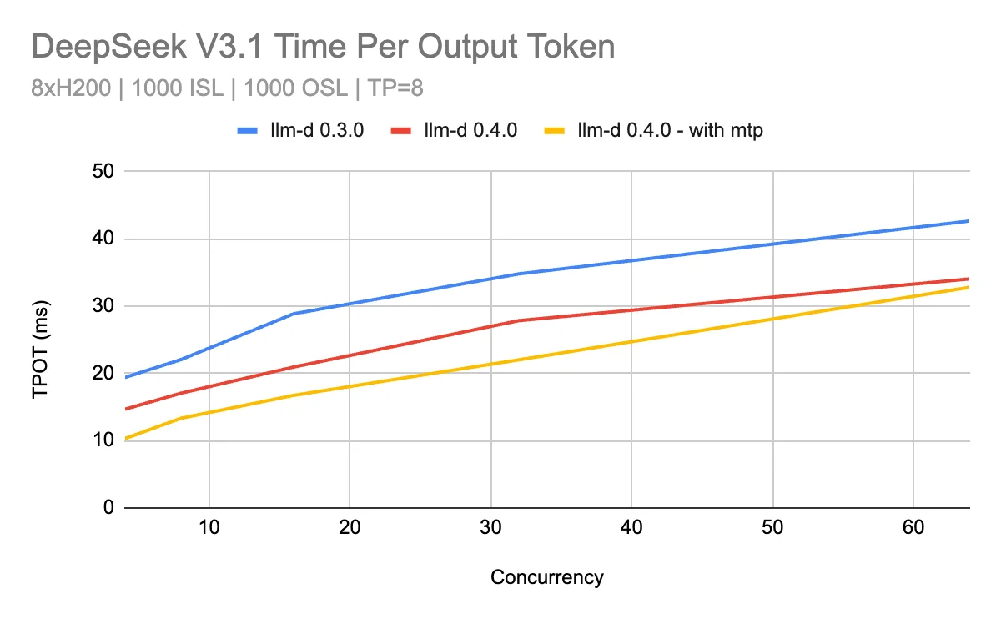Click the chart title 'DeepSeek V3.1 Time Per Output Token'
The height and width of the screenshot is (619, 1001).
pos(323,48)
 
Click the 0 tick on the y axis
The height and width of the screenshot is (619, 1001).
pos(109,508)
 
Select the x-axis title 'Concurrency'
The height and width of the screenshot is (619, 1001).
pos(546,577)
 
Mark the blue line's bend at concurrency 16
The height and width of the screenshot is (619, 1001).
pos(294,314)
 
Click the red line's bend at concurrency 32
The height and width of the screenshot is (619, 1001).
pos(519,320)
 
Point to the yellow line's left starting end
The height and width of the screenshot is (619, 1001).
pos(126,439)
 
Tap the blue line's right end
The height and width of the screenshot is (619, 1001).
pos(968,221)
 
